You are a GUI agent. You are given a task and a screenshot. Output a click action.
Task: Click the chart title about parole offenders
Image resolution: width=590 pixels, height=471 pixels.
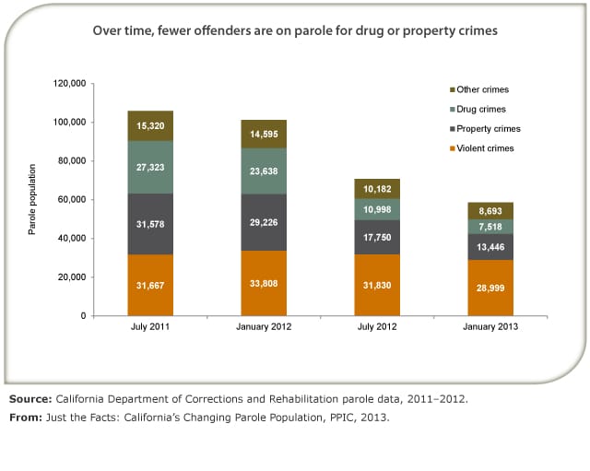[295, 30]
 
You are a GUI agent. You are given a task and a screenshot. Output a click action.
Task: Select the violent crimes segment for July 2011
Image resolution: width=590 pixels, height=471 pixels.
[150, 286]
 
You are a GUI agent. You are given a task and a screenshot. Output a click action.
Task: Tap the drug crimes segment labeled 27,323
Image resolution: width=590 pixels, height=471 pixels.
[150, 168]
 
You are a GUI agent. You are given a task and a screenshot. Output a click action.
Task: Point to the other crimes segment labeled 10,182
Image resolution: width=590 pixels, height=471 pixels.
[377, 189]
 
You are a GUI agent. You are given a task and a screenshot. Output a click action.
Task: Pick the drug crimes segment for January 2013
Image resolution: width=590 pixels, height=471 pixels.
[490, 227]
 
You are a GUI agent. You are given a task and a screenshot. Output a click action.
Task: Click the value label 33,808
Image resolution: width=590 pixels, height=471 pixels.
[264, 286]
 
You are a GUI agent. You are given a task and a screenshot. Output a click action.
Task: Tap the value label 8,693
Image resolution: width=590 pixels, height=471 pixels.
[490, 211]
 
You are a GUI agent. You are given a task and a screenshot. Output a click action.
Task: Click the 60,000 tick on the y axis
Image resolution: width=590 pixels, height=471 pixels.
[70, 200]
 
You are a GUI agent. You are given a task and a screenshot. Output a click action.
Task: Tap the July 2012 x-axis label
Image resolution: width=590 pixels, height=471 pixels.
[377, 328]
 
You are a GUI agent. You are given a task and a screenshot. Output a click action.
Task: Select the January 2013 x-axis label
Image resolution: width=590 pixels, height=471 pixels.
[490, 328]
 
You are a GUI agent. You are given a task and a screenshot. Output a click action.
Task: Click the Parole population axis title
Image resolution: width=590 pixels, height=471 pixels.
[32, 200]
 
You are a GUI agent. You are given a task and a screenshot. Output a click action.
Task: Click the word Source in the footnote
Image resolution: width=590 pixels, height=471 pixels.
[29, 399]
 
